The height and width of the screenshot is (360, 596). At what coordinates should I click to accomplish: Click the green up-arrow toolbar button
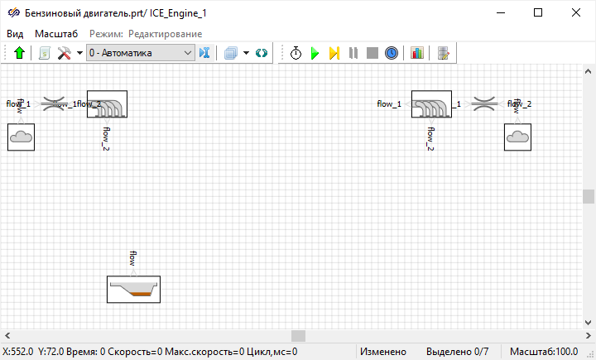pyautogui.click(x=20, y=53)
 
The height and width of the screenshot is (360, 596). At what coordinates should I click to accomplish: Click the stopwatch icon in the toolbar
pyautogui.click(x=296, y=53)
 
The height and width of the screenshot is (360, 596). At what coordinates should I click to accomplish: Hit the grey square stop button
pyautogui.click(x=372, y=53)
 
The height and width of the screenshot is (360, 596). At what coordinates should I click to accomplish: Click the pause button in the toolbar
pyautogui.click(x=353, y=53)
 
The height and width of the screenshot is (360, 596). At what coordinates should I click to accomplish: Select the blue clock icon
pyautogui.click(x=392, y=53)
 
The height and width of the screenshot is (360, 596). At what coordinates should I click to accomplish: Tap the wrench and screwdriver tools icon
pyautogui.click(x=64, y=53)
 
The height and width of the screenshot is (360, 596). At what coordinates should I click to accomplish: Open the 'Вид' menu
pyautogui.click(x=15, y=33)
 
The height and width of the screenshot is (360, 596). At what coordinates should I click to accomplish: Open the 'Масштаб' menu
pyautogui.click(x=56, y=33)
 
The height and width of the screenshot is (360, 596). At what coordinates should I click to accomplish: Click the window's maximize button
pyautogui.click(x=538, y=12)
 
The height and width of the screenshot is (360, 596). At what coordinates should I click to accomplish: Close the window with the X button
pyautogui.click(x=576, y=12)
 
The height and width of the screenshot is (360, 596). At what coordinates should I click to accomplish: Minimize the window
pyautogui.click(x=500, y=12)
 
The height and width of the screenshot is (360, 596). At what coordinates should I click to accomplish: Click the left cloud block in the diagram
pyautogui.click(x=21, y=137)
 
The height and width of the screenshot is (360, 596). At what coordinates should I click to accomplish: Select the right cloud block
pyautogui.click(x=517, y=137)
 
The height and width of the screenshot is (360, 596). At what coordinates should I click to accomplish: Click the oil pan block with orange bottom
pyautogui.click(x=133, y=289)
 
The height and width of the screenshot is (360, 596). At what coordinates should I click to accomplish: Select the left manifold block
pyautogui.click(x=107, y=104)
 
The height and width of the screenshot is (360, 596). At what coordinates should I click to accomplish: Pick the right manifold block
pyautogui.click(x=430, y=104)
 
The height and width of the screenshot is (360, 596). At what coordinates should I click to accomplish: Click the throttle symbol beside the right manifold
pyautogui.click(x=483, y=104)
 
